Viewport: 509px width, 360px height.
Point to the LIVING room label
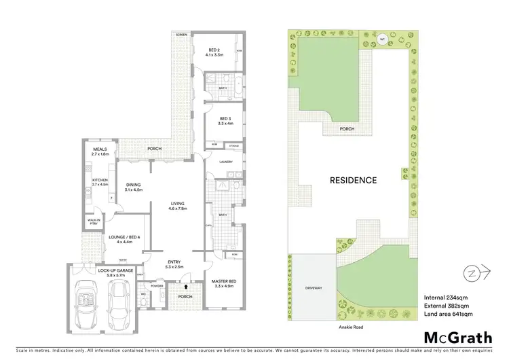point(177,206)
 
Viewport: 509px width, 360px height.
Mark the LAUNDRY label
point(227,162)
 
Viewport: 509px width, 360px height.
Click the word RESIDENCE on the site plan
point(353,181)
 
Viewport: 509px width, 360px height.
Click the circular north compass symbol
point(472,273)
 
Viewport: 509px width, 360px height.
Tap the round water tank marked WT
point(382,37)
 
